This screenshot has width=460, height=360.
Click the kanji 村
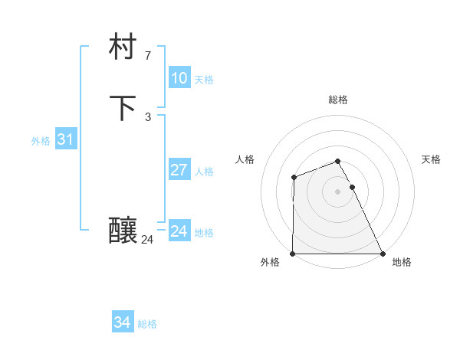point(123,48)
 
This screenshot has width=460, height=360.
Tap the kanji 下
point(123,108)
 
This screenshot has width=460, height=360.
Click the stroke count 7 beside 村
point(147,56)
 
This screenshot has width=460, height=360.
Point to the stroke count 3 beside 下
point(147,116)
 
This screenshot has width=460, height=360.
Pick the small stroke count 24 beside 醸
point(147,240)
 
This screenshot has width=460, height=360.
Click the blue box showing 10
point(179,78)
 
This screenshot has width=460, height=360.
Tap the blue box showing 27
point(179,170)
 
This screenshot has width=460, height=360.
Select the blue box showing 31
point(65,139)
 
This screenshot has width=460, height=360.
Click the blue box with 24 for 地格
point(179,231)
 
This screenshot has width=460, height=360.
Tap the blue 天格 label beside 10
point(204,80)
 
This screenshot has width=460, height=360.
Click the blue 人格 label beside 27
point(205,172)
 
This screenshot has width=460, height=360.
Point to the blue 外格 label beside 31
point(41,141)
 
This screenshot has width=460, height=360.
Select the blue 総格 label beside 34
point(147,324)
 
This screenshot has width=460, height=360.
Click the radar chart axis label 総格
point(338,100)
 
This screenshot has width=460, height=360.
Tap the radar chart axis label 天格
point(432,159)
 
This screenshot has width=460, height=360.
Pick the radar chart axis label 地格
point(402,263)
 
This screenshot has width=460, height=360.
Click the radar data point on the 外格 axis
point(293,254)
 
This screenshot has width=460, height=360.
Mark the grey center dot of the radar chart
point(338,191)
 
